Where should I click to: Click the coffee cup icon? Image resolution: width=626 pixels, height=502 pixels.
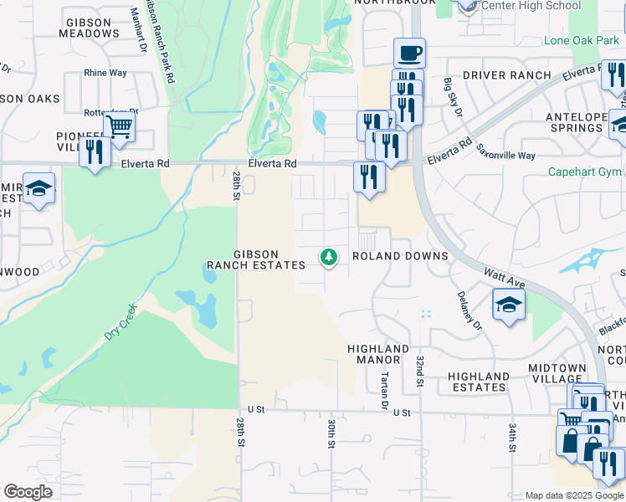point(409,54)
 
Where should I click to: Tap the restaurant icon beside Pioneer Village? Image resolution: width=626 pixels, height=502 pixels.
point(95,152)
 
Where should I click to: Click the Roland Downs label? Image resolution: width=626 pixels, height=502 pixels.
point(400,256)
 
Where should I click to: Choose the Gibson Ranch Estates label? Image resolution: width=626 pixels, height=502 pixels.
point(256,259)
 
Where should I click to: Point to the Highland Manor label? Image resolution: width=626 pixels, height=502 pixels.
point(378,354)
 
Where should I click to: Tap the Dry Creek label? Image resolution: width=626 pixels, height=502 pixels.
point(120,322)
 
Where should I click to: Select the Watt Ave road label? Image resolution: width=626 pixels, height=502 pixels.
point(503,275)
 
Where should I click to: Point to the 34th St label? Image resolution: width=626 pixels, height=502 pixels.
point(511,438)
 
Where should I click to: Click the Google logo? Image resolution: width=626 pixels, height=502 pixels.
point(28,491)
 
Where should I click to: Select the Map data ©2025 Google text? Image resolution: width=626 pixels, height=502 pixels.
point(573,495)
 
